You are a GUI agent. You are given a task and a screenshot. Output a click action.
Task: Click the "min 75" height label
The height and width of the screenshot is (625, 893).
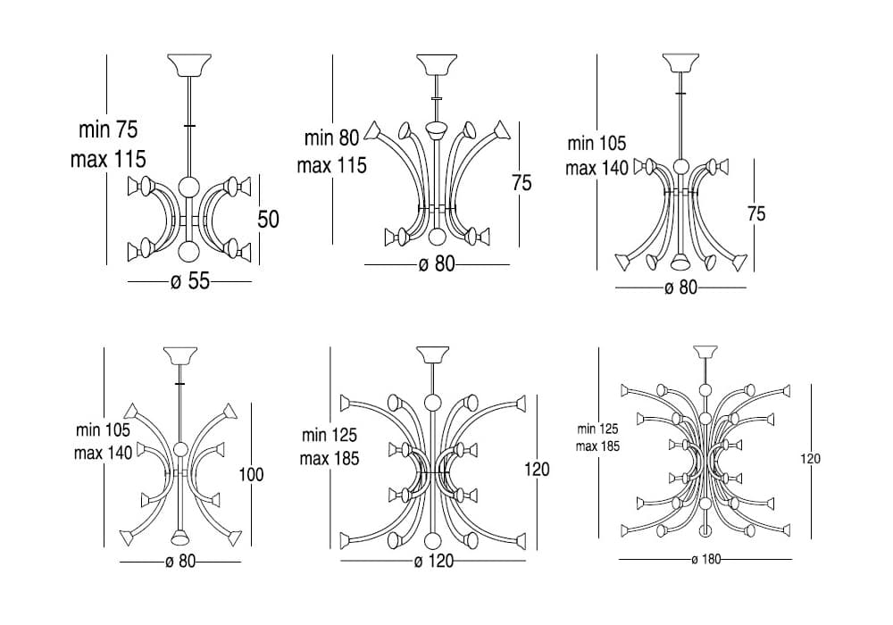click(x=108, y=130)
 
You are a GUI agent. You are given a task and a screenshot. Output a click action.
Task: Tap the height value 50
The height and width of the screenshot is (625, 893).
click(x=269, y=219)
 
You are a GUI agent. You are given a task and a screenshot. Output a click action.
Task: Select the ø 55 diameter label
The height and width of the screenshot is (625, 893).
click(x=189, y=282)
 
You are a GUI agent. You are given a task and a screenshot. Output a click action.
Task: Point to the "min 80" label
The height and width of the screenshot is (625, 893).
click(x=331, y=137)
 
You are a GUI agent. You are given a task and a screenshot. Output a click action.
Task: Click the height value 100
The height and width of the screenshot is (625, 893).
click(x=251, y=474)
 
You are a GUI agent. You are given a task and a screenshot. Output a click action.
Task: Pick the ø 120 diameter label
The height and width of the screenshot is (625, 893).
click(x=434, y=561)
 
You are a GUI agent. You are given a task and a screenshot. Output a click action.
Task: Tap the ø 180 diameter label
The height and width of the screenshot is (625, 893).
click(x=705, y=560)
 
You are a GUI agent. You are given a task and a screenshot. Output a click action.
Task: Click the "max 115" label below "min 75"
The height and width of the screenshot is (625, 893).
click(x=108, y=160)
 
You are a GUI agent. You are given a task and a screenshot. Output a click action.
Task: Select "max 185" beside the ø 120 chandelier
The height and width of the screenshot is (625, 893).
click(x=330, y=459)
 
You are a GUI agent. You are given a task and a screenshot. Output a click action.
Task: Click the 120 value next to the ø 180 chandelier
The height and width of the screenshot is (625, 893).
click(x=810, y=459)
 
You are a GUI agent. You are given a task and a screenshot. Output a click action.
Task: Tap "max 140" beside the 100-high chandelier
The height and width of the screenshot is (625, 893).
click(x=103, y=452)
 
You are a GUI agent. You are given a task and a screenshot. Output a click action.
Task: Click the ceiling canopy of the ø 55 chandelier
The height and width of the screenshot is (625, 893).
click(x=188, y=67)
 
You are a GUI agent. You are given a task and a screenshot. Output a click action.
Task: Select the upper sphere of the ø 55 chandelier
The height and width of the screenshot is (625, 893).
click(x=188, y=187)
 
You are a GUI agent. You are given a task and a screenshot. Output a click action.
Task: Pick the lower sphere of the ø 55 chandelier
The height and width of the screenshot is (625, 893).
click(x=188, y=250)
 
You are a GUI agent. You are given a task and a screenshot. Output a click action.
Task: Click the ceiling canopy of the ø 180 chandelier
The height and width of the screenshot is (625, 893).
click(x=705, y=352)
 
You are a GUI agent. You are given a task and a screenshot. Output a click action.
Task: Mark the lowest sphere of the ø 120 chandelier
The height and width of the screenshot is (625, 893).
click(x=433, y=540)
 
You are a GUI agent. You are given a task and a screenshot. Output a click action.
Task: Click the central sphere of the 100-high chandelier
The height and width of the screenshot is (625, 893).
click(x=180, y=450)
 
